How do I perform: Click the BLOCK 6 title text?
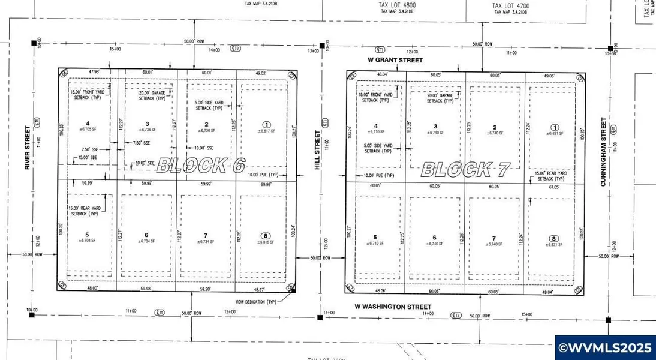tap(200, 166)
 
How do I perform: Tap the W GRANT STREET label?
tap(395, 60)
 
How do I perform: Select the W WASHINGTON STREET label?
tap(392, 307)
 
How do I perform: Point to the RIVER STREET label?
tap(28, 148)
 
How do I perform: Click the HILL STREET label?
tap(318, 150)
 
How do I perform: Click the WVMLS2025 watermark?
tap(605, 347)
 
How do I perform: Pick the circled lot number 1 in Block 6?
tap(266, 124)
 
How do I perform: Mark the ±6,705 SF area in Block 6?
tap(88, 129)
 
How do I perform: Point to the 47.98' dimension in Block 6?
tap(94, 71)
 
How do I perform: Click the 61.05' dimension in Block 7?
tap(555, 187)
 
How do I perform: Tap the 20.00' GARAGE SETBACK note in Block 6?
tap(152, 95)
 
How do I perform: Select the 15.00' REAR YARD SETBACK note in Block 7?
tap(549, 176)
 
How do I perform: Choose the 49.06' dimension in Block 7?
tap(549, 76)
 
